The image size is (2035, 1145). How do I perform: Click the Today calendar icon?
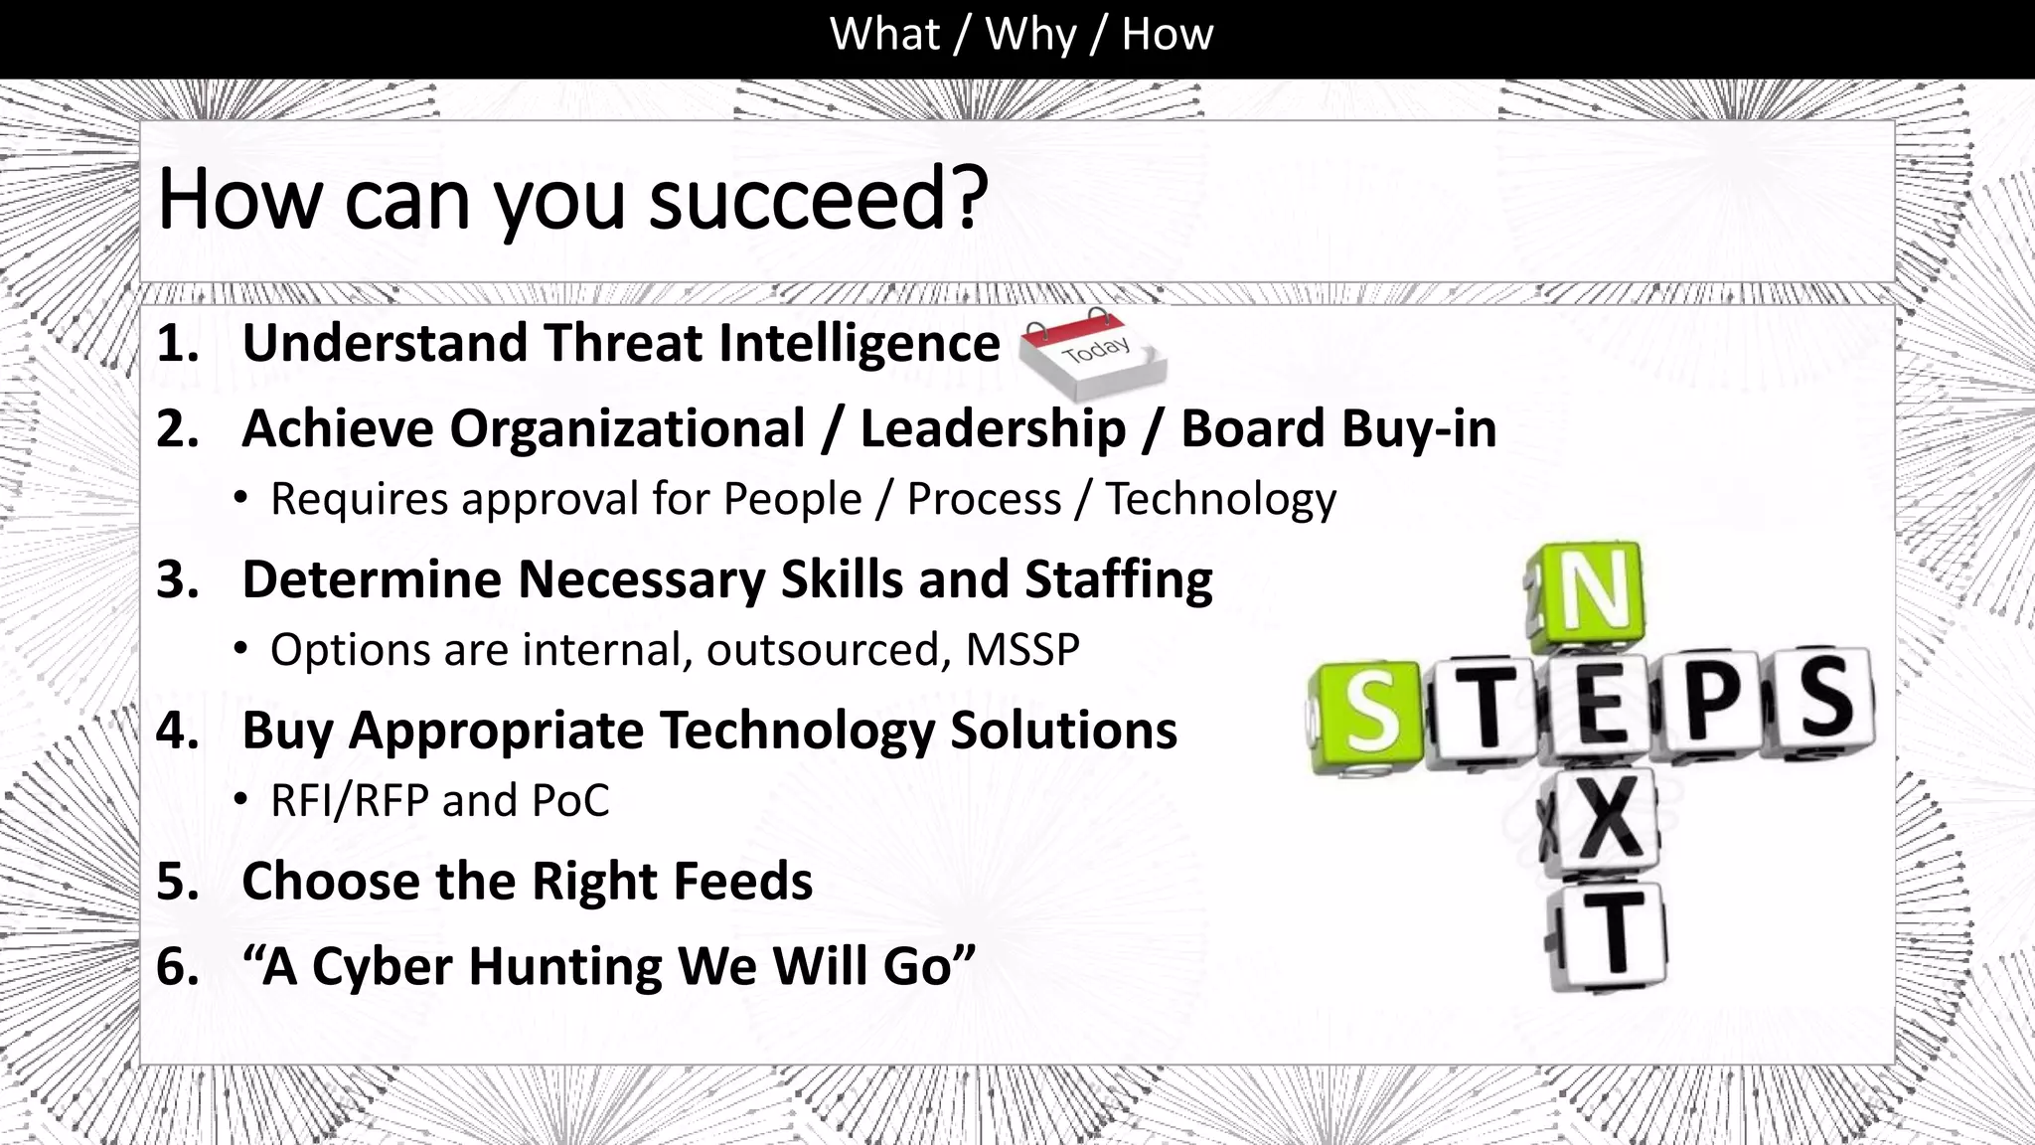pos(1094,353)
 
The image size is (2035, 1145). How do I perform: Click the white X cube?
pos(1602,821)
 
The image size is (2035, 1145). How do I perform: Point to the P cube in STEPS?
pos(1712,703)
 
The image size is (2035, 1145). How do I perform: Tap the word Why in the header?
pos(1029,35)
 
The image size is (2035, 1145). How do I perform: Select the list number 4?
pos(177,731)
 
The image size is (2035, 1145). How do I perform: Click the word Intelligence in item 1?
pos(859,343)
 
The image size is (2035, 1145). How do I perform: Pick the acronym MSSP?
pos(1022,650)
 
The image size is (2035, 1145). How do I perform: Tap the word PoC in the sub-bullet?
pos(570,801)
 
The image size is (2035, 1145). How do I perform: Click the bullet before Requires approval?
pos(240,498)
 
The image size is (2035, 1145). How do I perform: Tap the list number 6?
pos(177,966)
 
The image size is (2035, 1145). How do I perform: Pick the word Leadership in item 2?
pos(993,429)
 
